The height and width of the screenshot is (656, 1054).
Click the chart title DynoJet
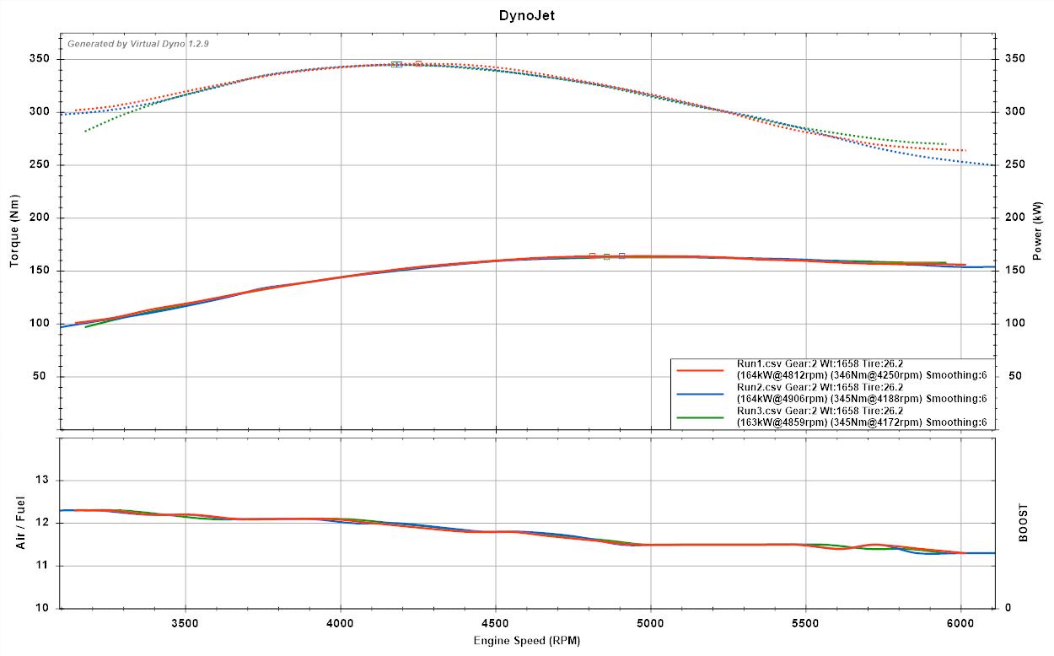526,15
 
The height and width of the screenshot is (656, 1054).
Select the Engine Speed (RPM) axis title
526,641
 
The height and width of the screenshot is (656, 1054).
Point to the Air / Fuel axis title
19,523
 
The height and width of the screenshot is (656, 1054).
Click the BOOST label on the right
1023,523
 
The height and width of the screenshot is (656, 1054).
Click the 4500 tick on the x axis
495,624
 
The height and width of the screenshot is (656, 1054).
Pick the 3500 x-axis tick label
185,624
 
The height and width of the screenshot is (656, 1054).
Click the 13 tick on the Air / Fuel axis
44,481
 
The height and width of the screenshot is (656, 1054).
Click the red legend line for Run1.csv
700,370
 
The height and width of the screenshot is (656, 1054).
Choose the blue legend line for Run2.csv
700,394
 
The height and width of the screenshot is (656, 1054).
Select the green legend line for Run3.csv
700,417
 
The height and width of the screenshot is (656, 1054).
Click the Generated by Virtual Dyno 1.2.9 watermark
138,44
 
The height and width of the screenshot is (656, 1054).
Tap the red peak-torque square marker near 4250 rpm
418,63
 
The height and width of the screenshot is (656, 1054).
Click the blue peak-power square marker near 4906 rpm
621,255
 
